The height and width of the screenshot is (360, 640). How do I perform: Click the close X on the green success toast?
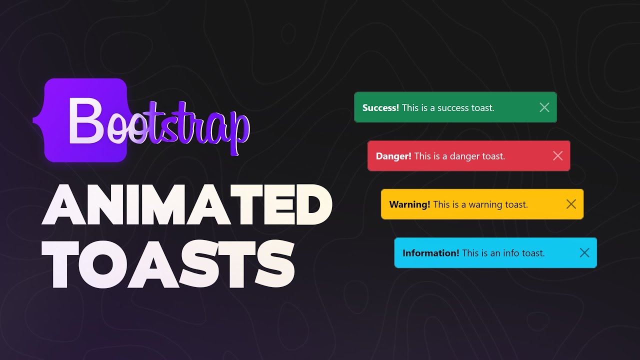click(544, 107)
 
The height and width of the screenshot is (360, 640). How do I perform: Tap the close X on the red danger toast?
click(558, 156)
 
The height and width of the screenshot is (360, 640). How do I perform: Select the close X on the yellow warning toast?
click(571, 204)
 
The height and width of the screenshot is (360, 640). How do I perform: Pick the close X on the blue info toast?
click(584, 253)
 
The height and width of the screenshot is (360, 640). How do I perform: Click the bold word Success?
click(380, 108)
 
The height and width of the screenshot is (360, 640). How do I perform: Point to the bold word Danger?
click(393, 156)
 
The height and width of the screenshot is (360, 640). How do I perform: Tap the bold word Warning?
click(409, 204)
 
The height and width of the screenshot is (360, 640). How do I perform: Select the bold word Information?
click(430, 253)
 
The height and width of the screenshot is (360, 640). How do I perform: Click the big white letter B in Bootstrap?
click(85, 120)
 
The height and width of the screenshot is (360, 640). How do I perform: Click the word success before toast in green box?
click(450, 108)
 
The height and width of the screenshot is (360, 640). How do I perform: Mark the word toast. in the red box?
click(493, 156)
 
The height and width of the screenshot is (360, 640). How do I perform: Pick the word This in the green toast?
click(410, 108)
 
